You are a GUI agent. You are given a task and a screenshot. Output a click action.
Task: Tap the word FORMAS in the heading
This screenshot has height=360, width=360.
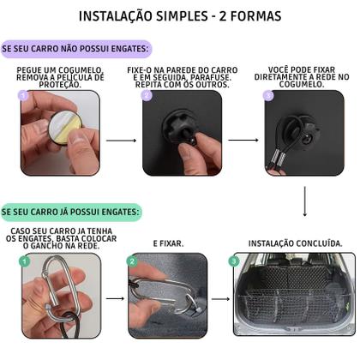coord(257,16)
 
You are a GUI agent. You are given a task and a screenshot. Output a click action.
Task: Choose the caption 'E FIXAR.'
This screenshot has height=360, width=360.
coord(168,243)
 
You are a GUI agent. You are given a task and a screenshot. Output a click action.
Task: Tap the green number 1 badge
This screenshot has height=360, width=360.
coord(24,261)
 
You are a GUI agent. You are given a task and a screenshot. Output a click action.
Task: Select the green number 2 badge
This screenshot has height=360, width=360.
coord(132,261)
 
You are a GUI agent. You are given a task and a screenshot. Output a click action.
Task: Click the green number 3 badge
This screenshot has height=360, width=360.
coord(234,261)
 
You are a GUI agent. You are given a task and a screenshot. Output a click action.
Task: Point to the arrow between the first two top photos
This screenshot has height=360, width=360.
coord(121,140)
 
